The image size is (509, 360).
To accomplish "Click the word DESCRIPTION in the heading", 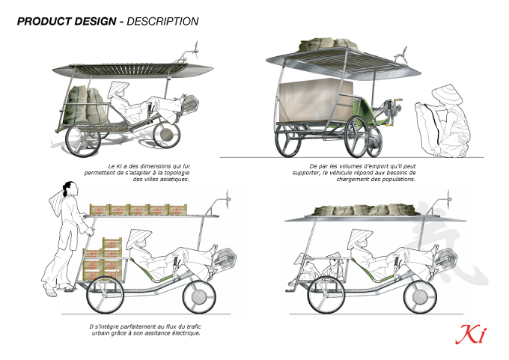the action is point(162,22).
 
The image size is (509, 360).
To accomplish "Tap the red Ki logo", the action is point(471,334).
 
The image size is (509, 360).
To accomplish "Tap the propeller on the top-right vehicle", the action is point(400,54).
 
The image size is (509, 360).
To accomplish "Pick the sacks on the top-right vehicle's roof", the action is point(328,44).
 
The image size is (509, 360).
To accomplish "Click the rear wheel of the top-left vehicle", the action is point(83,139).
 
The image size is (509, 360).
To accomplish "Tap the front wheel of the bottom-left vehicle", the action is point(199,296).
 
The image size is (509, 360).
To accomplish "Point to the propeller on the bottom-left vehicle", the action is point(228,198).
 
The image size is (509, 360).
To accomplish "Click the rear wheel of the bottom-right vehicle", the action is point(325,296).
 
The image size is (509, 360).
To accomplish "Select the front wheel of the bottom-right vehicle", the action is point(421,296).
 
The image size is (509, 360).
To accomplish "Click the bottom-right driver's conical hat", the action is point(359,237).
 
